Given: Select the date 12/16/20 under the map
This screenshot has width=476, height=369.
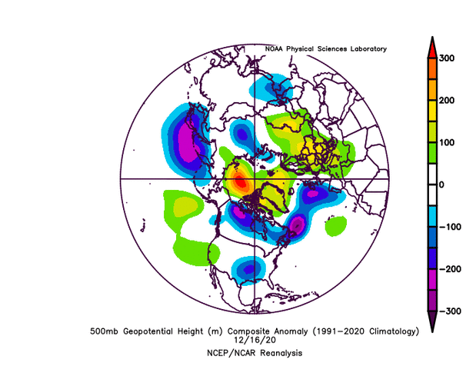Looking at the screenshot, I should (253, 341).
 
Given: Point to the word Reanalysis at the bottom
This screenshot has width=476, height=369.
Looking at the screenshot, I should (278, 352).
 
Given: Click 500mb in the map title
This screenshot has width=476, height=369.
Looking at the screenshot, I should (105, 331).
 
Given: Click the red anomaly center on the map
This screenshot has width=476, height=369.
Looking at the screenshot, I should (240, 183).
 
